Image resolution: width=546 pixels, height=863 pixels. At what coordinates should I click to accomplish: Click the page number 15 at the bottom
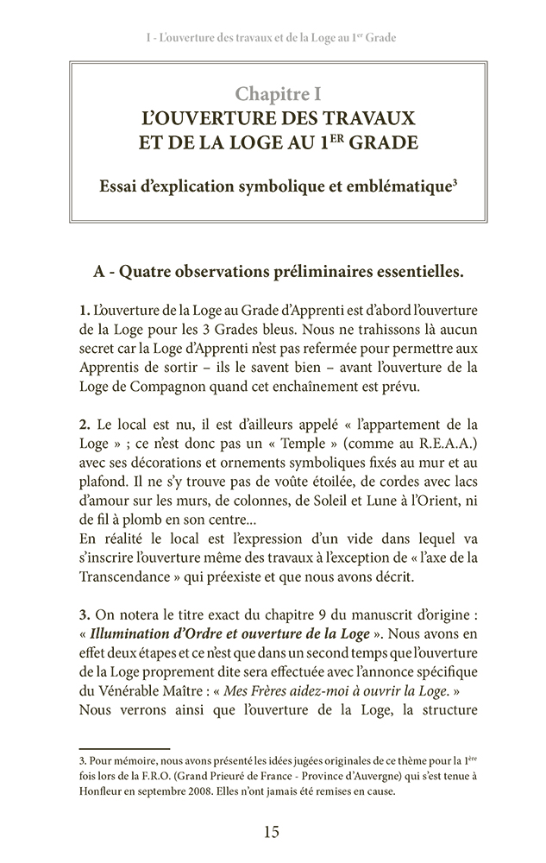pos(272,833)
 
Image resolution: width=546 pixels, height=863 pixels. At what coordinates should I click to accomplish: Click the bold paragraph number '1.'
pos(84,309)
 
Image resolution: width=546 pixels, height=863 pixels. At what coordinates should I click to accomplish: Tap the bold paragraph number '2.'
pos(85,425)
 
